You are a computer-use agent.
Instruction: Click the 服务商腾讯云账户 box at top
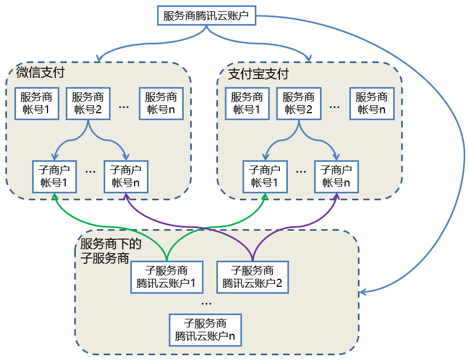(206, 15)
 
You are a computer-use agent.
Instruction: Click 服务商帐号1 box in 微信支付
(36, 104)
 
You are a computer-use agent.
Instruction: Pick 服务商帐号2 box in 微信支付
(88, 104)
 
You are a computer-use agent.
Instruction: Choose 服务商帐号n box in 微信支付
(161, 104)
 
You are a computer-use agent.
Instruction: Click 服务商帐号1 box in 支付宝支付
(247, 104)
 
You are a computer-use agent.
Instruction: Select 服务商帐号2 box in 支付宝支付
(299, 104)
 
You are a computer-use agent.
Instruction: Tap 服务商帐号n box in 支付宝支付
(372, 104)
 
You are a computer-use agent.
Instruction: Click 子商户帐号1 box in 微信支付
(54, 176)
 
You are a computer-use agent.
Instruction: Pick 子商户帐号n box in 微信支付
(126, 176)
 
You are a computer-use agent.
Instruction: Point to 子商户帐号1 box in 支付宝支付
(265, 176)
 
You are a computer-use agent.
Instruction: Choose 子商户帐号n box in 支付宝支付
(336, 176)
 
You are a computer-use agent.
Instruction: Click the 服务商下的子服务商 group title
(110, 251)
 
